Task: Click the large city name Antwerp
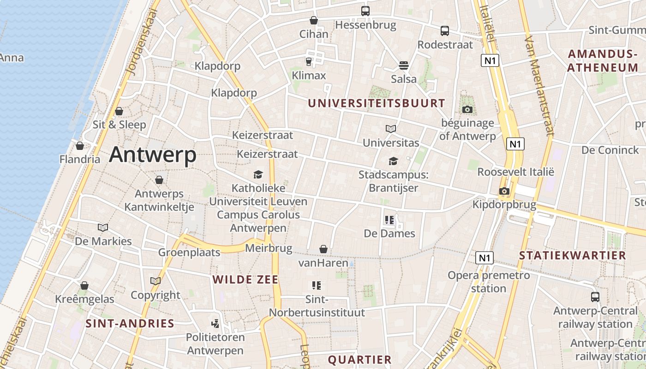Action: click(x=153, y=155)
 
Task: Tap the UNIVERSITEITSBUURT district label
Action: click(x=377, y=103)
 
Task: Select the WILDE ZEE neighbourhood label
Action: click(x=245, y=280)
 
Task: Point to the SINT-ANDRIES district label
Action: click(x=130, y=323)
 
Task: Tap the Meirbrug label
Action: click(x=269, y=249)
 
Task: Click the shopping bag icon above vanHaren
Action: click(x=323, y=249)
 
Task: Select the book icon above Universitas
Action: click(x=391, y=129)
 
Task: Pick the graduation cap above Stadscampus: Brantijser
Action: click(x=393, y=161)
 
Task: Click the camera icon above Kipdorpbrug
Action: click(x=504, y=191)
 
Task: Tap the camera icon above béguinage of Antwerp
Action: click(x=467, y=109)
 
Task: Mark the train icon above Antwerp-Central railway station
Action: click(x=595, y=297)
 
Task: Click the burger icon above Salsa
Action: click(x=404, y=65)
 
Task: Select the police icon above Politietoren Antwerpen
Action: click(x=215, y=323)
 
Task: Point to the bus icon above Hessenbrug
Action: click(x=365, y=11)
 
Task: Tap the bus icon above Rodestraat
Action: click(x=445, y=31)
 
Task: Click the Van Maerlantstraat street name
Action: click(x=539, y=86)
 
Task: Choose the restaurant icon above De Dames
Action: click(x=389, y=220)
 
